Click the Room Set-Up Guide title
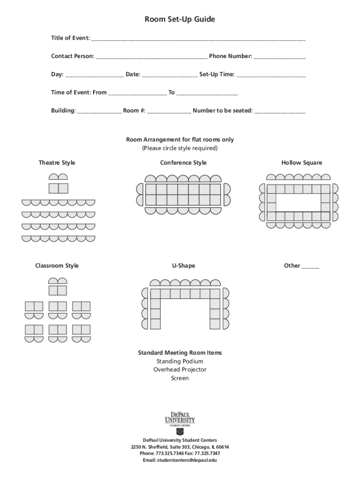coord(180,20)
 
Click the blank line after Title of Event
coord(198,38)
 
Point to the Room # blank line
coord(169,111)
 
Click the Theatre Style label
coord(57,163)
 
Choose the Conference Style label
coord(183,163)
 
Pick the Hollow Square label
coord(302,163)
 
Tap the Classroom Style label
coord(57,266)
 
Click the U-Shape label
coord(183,266)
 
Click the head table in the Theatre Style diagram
coord(58,188)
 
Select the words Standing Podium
coord(180,362)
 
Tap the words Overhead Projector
coord(180,370)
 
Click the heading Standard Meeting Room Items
coord(180,353)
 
